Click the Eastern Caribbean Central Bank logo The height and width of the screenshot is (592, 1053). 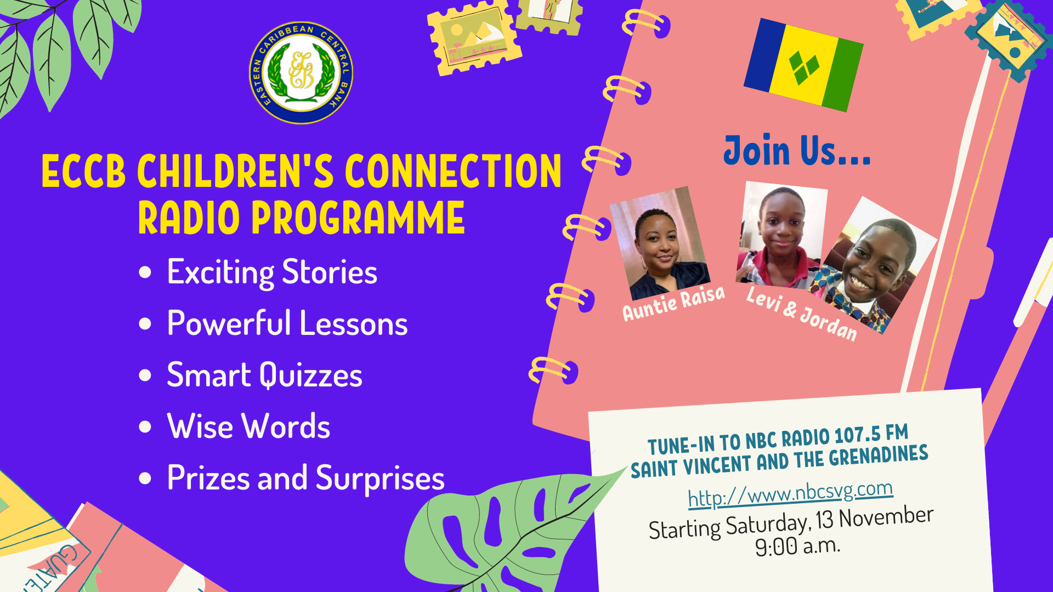click(301, 73)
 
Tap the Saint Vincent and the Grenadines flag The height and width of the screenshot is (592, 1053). click(803, 65)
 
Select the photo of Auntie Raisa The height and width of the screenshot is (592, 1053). click(660, 243)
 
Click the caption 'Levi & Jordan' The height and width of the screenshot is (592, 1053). click(801, 314)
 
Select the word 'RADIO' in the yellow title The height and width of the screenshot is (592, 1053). click(189, 218)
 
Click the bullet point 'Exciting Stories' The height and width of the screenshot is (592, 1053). click(272, 272)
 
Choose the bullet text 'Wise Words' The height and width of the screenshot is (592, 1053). click(248, 426)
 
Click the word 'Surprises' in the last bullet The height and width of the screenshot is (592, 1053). click(380, 478)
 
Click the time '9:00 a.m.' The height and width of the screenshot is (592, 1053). click(797, 546)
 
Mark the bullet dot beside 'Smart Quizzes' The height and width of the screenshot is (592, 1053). click(145, 375)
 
